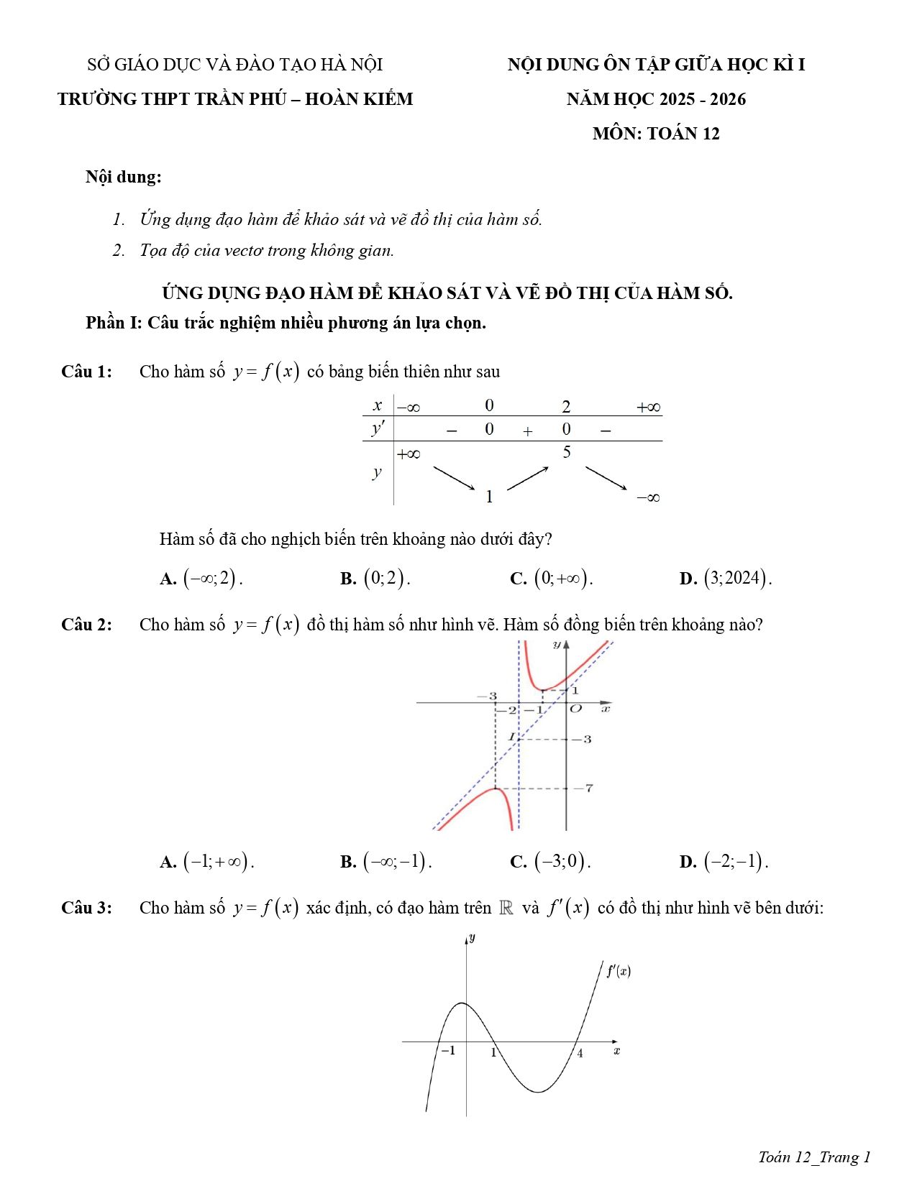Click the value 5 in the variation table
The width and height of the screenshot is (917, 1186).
(567, 452)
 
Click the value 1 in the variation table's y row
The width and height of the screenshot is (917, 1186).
(489, 496)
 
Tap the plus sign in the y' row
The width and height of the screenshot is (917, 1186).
(528, 431)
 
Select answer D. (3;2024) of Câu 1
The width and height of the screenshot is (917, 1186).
(725, 578)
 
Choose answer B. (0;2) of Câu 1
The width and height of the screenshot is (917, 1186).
(375, 578)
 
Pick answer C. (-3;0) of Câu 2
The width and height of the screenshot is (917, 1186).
(550, 861)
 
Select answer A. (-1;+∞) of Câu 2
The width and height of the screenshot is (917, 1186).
(207, 861)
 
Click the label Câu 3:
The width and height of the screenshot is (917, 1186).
(87, 908)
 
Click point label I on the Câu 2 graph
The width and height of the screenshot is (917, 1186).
(512, 737)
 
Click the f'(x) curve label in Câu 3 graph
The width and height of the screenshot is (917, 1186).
(619, 971)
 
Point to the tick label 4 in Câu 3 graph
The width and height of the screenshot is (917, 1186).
(580, 1054)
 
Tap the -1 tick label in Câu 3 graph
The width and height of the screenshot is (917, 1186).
(448, 1051)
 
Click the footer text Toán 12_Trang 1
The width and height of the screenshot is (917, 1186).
(814, 1157)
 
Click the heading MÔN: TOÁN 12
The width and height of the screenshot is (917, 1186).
(655, 134)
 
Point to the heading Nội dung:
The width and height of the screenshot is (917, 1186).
(123, 177)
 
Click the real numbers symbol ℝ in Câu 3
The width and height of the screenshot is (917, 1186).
(506, 908)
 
